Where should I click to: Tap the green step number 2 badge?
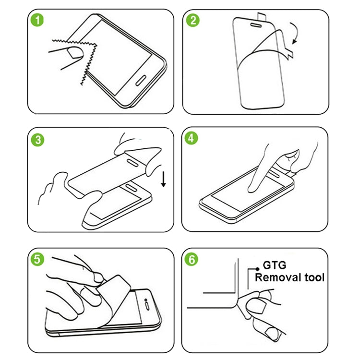tap(193, 21)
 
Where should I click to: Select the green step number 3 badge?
tap(37, 140)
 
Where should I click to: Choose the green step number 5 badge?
tap(37, 260)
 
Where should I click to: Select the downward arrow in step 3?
tap(163, 179)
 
